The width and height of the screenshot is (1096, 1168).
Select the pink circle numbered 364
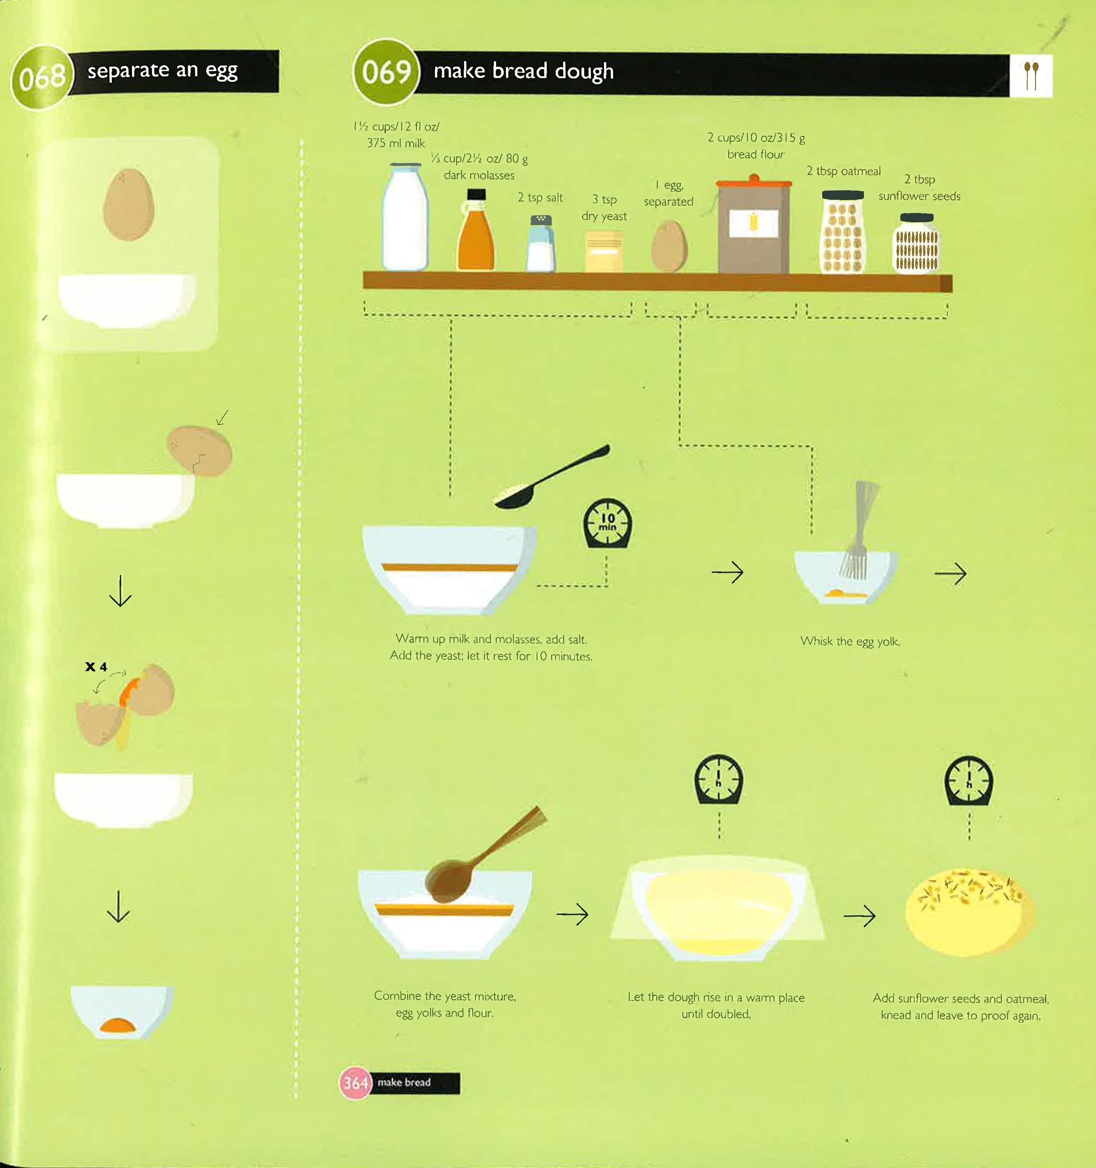click(x=355, y=1083)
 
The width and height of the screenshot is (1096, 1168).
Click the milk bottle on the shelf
click(x=405, y=217)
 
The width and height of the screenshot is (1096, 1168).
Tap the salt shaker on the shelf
click(x=541, y=243)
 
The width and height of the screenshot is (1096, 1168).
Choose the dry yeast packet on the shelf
click(x=604, y=251)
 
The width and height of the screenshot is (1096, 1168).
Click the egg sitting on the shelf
click(x=669, y=246)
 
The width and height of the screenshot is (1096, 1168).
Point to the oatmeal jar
click(x=842, y=232)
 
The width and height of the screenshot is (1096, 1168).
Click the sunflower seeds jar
click(x=916, y=244)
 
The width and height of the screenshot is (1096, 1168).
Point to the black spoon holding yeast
click(x=552, y=476)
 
